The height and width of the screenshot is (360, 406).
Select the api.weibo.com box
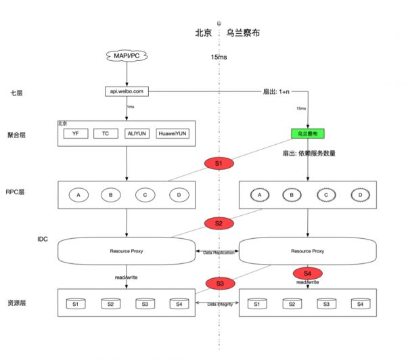[127, 91]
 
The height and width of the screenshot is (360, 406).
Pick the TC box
[106, 133]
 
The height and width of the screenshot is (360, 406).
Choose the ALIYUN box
[137, 133]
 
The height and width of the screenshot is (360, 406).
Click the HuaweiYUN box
[173, 133]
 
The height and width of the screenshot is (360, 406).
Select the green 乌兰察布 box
[308, 133]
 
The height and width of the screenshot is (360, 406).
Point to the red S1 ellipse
[218, 163]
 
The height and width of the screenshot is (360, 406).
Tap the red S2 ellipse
[218, 223]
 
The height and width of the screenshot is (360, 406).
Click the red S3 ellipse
[218, 282]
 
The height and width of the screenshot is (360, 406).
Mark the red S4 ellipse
[308, 273]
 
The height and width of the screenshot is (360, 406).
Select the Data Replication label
[217, 251]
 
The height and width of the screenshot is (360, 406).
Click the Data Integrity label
[217, 305]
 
